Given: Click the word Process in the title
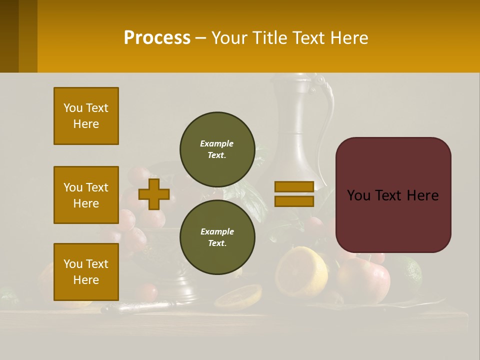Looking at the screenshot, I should pos(157,37).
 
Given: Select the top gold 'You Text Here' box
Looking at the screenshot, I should pos(86,116).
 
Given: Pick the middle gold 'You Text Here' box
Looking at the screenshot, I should pos(86,195).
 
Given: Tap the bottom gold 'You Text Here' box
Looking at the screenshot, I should pos(86,271).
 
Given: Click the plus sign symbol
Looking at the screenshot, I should pos(153,194).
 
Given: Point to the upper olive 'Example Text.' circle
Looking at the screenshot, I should pos(217,149).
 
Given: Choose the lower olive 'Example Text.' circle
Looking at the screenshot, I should pos(217,237).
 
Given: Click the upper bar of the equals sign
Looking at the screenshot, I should pos(294,186).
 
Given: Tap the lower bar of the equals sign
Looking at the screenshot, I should pos(294,201).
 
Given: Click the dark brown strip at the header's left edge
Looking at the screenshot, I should pos(9,36).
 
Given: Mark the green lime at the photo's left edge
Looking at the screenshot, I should pos(8,298).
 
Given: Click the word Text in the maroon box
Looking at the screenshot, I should pos(393,195).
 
